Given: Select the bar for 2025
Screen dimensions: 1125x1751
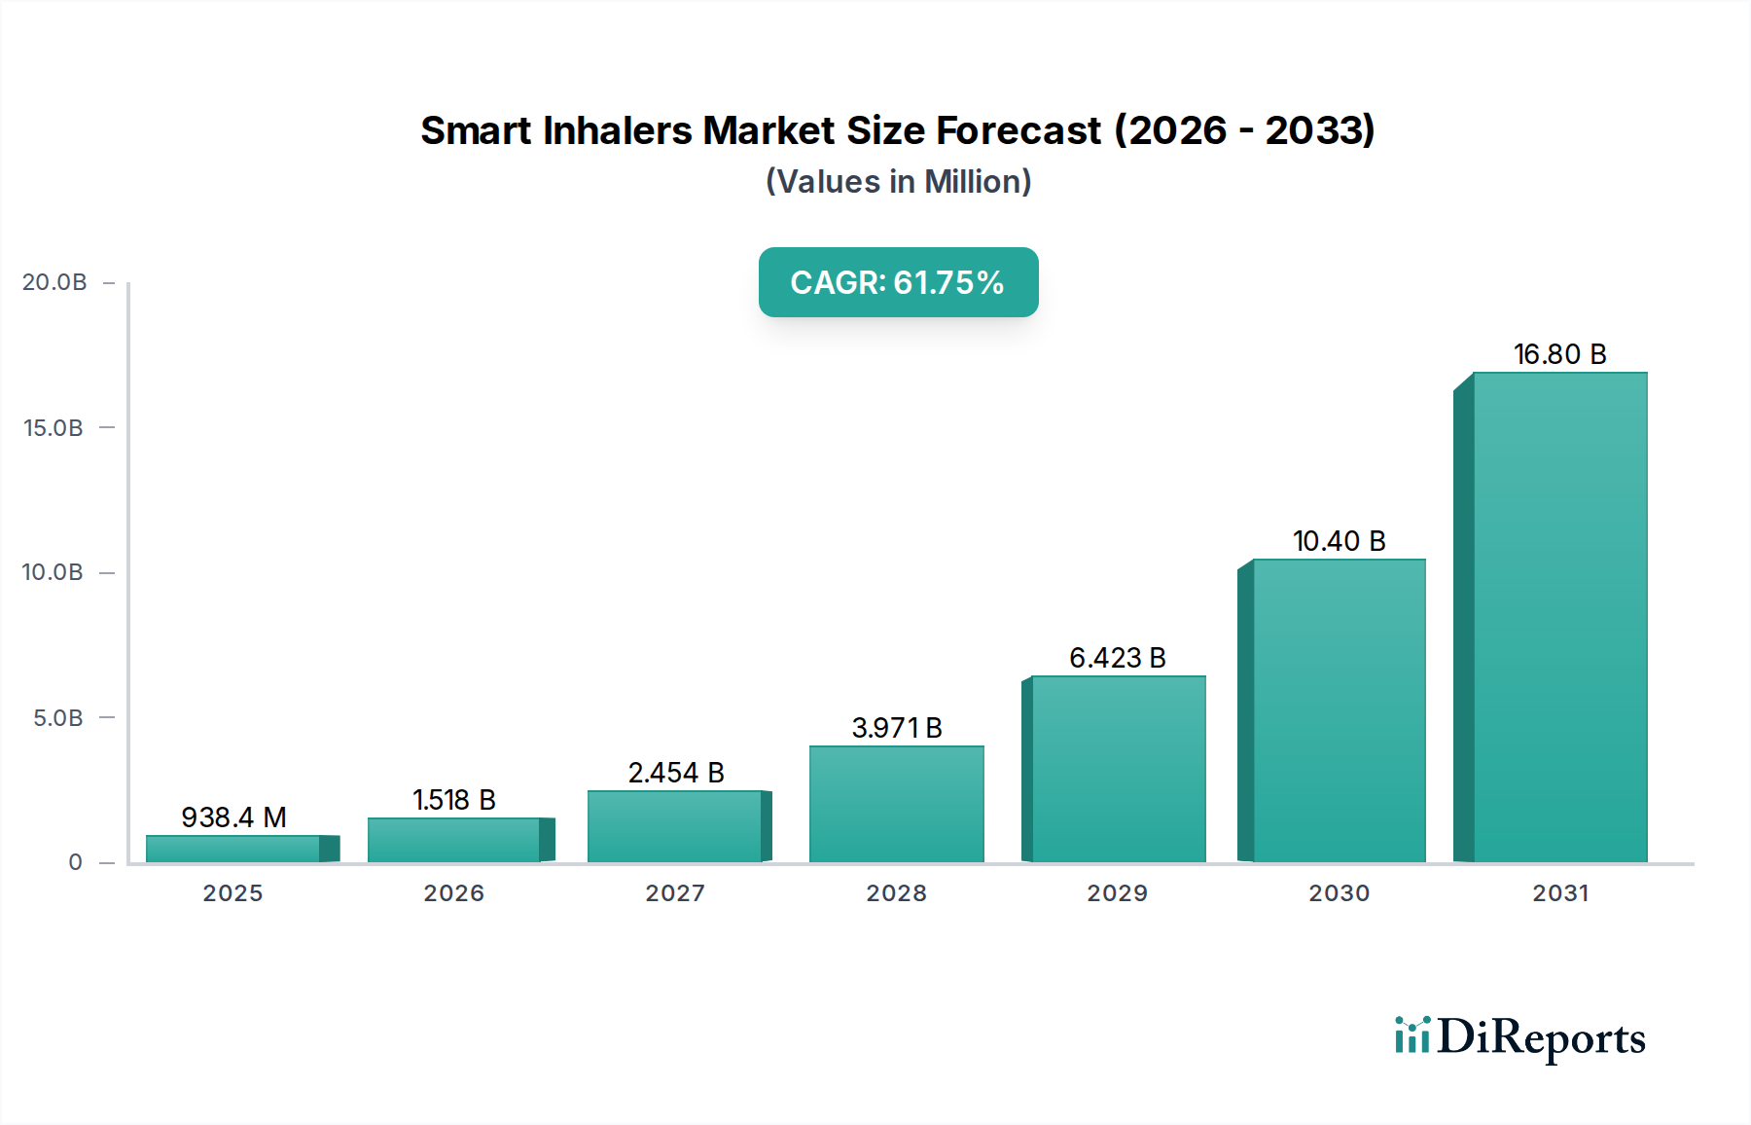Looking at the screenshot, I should tap(233, 849).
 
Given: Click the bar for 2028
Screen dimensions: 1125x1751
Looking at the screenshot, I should tap(896, 804).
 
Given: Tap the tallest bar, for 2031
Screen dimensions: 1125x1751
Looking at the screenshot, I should tap(1559, 617).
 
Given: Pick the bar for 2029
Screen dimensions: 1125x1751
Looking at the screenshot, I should tap(1118, 769).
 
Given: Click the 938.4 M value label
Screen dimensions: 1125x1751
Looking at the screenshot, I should tap(233, 817).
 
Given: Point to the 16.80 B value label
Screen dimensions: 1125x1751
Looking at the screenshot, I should tap(1559, 354).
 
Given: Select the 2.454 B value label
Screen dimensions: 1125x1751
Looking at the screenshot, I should tap(676, 773).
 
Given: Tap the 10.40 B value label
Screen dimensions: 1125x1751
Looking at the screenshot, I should tap(1339, 541).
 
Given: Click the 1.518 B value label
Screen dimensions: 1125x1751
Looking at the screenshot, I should tap(454, 800).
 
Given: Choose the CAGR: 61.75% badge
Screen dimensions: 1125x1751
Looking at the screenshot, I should tap(898, 282).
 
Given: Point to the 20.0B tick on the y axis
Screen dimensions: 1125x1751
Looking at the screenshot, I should tap(54, 282).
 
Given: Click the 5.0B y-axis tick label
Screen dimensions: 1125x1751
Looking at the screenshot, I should tap(58, 718).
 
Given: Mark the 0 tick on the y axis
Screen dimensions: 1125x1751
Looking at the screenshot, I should tap(75, 862).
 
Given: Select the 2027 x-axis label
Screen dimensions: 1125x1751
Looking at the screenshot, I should tap(675, 893).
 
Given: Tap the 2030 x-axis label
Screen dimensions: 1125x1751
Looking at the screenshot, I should tap(1339, 893).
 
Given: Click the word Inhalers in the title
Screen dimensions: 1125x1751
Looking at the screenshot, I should tap(617, 130).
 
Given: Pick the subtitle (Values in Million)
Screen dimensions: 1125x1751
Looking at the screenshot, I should tap(898, 182).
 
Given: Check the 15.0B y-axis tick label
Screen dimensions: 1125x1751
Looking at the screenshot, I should tap(54, 428).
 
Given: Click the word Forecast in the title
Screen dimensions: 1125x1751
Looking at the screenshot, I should tap(1018, 130).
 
